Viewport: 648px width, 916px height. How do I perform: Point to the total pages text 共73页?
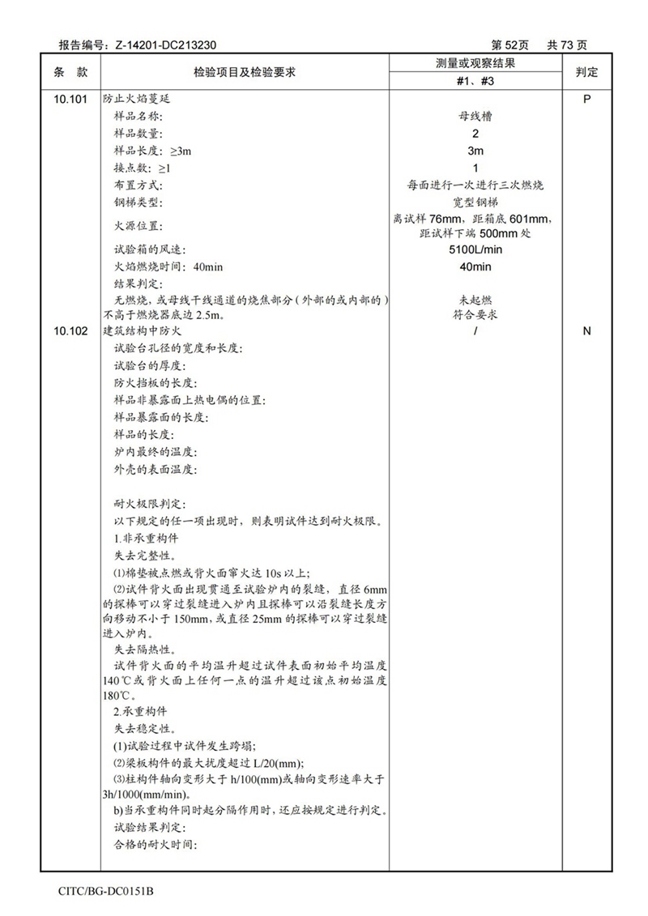[567, 45]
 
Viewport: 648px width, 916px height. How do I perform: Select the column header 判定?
[586, 72]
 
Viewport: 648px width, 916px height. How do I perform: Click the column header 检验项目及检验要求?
[244, 72]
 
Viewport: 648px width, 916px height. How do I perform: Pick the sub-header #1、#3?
[475, 82]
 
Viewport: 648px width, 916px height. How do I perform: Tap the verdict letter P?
[586, 98]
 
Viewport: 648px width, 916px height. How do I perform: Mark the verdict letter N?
[586, 331]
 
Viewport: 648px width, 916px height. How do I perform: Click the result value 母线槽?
[475, 116]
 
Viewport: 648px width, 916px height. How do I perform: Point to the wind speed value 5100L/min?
[475, 249]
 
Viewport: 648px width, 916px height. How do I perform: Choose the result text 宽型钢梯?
[475, 202]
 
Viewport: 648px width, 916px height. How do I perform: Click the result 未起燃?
[475, 299]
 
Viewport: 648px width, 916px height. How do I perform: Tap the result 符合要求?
[475, 314]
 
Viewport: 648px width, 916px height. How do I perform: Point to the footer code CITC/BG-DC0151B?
[106, 891]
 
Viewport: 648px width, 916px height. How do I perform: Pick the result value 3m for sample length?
[475, 151]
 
